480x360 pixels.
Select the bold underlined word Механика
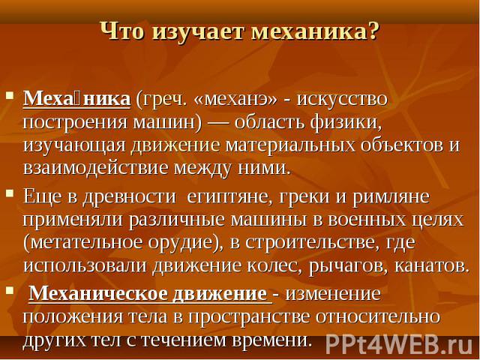(76, 98)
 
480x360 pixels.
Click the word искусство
(342, 99)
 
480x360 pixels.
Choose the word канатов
(432, 265)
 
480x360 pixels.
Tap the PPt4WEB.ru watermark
(399, 343)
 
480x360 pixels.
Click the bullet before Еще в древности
(10, 193)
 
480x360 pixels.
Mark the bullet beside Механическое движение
(10, 289)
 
